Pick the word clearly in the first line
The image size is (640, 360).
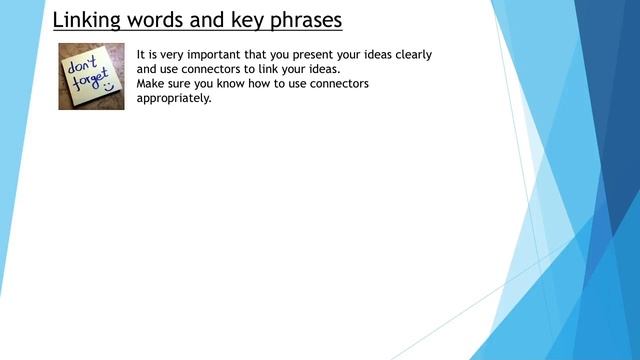pos(409,54)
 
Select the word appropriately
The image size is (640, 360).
pos(175,98)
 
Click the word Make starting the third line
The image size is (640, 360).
pos(152,84)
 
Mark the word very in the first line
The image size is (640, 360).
pos(168,54)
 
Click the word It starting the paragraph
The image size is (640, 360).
pos(141,54)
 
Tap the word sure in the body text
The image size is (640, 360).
pos(187,84)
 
